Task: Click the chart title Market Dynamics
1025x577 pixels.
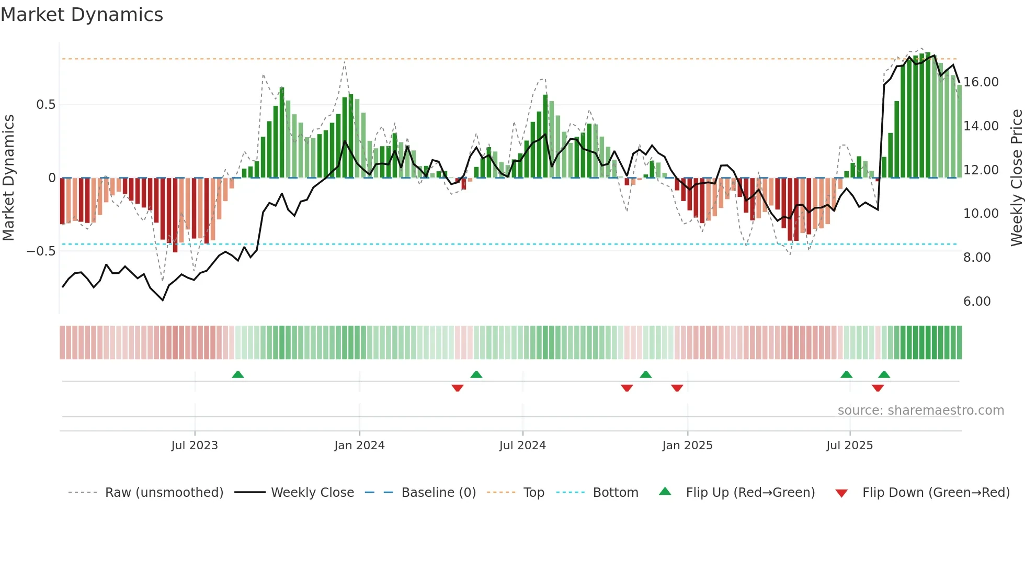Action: pyautogui.click(x=82, y=15)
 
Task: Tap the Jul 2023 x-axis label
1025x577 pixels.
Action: pyautogui.click(x=195, y=446)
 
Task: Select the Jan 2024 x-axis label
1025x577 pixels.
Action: pyautogui.click(x=359, y=446)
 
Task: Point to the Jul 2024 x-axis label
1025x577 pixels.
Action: pyautogui.click(x=522, y=446)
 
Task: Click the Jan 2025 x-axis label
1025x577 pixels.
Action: pyautogui.click(x=687, y=446)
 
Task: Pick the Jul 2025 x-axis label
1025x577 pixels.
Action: pyautogui.click(x=850, y=446)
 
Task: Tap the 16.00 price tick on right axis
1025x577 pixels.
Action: pyautogui.click(x=981, y=82)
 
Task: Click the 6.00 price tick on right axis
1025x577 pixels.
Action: pyautogui.click(x=977, y=302)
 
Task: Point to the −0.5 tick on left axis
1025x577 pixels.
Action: pyautogui.click(x=41, y=251)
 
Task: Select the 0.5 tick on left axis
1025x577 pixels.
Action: pyautogui.click(x=45, y=105)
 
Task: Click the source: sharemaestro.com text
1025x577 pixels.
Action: pyautogui.click(x=920, y=410)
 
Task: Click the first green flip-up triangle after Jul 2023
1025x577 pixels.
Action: pyautogui.click(x=238, y=375)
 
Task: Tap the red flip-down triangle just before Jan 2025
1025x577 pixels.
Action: pyautogui.click(x=677, y=388)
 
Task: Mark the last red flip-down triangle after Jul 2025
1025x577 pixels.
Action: pyautogui.click(x=878, y=388)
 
